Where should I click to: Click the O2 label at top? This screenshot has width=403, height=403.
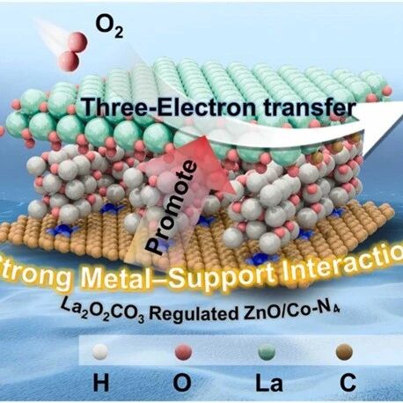point(109,28)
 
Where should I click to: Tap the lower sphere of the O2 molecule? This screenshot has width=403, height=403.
point(70,61)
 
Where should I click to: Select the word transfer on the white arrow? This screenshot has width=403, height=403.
point(304,108)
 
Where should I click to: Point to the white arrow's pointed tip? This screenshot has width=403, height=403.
point(402,116)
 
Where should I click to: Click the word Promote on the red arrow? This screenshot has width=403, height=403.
point(171,208)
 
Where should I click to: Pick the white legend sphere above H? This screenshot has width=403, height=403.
point(100,352)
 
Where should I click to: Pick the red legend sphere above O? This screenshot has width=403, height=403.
point(183,352)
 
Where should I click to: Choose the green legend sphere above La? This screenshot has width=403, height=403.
point(267,352)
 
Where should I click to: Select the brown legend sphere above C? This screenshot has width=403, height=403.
point(344,352)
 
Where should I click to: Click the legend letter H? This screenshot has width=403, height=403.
point(101,384)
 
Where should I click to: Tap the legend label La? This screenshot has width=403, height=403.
point(269,384)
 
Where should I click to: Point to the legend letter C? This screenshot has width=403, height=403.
point(348,384)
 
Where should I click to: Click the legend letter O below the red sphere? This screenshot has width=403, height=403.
point(182,384)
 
